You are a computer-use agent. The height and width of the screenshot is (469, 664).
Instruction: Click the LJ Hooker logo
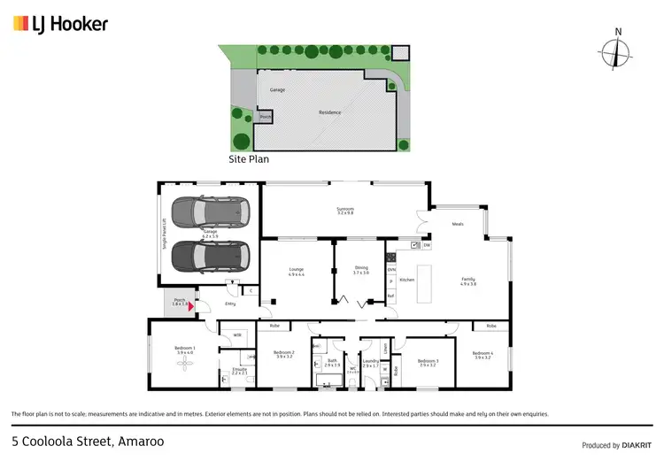[x=60, y=24]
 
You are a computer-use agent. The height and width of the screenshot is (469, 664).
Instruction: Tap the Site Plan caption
[x=249, y=160]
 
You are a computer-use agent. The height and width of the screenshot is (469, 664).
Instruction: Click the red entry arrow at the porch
[x=189, y=307]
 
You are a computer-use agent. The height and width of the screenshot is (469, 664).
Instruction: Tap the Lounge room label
[x=296, y=272]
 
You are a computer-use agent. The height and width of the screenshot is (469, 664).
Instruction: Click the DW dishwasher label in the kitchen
[x=426, y=245]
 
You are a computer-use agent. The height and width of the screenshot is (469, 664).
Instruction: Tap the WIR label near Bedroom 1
[x=237, y=335]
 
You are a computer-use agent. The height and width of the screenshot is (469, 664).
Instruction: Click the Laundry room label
[x=370, y=363]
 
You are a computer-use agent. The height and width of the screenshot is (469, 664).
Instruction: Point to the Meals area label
[x=457, y=224]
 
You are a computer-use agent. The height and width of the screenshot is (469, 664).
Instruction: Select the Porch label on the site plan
[x=265, y=117]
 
